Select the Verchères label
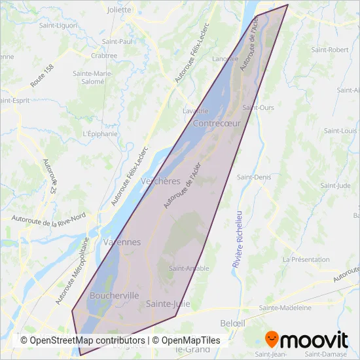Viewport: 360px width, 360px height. click(160, 181)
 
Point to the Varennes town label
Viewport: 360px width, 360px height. click(122, 242)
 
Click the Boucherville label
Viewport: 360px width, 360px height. click(115, 295)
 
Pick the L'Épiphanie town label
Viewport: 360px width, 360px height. click(100, 134)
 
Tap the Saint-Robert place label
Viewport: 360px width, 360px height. click(329, 50)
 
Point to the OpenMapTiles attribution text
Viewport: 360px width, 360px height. click(188, 340)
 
